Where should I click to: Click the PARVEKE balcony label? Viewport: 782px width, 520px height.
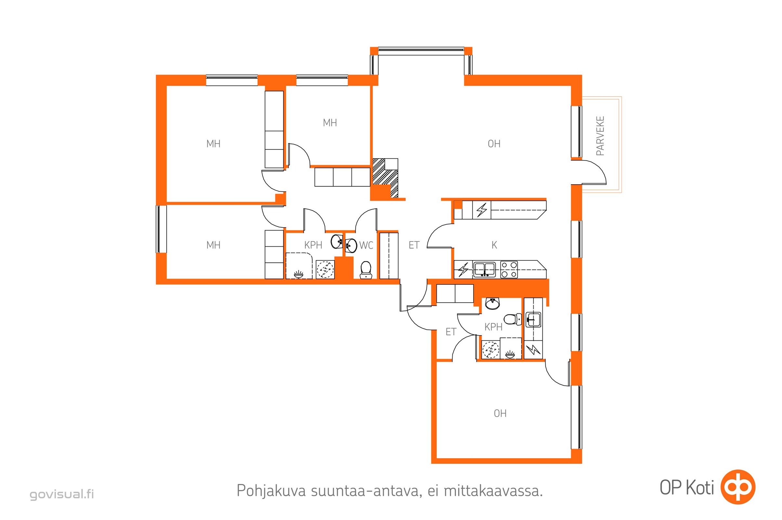[600, 136]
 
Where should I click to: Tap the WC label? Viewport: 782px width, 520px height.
[366, 245]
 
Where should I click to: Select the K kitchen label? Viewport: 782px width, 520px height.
[494, 245]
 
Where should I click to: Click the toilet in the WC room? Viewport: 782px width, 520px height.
[366, 270]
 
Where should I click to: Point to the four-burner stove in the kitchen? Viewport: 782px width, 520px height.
[509, 269]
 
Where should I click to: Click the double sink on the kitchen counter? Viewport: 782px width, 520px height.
[484, 269]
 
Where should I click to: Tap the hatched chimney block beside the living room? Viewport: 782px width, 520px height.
[385, 178]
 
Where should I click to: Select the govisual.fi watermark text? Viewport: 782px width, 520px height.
[62, 494]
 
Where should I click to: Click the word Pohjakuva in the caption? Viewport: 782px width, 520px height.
[271, 491]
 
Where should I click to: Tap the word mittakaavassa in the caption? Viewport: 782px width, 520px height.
[493, 491]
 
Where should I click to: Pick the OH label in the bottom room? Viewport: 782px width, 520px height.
[500, 413]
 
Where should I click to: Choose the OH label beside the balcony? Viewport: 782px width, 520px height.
[494, 144]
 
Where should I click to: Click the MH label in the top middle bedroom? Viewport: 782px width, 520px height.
[330, 123]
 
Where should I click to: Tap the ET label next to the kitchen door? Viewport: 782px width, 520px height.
[414, 245]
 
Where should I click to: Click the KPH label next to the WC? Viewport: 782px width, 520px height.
[313, 245]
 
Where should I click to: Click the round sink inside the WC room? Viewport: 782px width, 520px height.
[351, 246]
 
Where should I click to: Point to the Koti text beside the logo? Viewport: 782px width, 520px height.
[700, 487]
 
